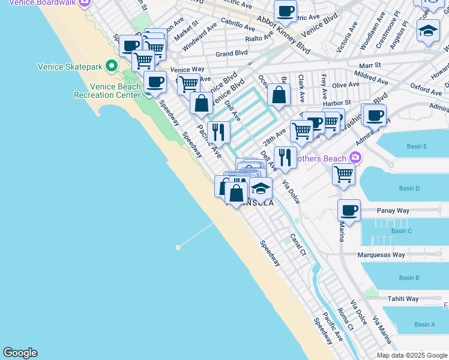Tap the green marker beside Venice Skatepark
click(111, 65)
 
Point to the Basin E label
click(416, 146)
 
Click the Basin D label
click(409, 188)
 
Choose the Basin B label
click(409, 278)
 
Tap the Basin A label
click(424, 325)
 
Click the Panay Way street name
click(393, 211)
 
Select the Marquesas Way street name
click(381, 255)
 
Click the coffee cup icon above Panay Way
click(349, 210)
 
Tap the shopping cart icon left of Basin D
click(343, 174)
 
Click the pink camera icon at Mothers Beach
click(356, 158)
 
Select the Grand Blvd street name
click(232, 53)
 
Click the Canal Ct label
click(298, 245)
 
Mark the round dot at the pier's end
click(178, 247)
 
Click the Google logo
click(20, 353)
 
